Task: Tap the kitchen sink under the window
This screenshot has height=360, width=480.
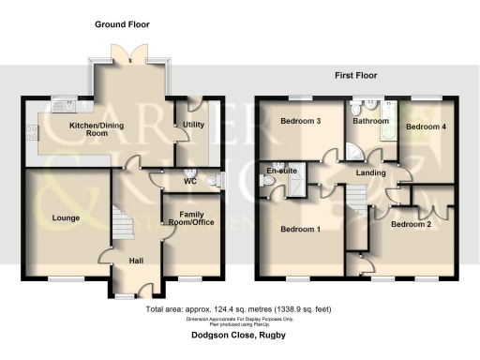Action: point(63,104)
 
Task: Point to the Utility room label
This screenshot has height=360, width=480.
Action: point(193,125)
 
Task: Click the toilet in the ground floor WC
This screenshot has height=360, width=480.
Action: point(211,180)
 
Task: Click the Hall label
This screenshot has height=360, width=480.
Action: point(136,261)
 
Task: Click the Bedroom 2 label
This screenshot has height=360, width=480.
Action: point(411,225)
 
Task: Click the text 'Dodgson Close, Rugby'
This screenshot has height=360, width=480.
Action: point(239,336)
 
